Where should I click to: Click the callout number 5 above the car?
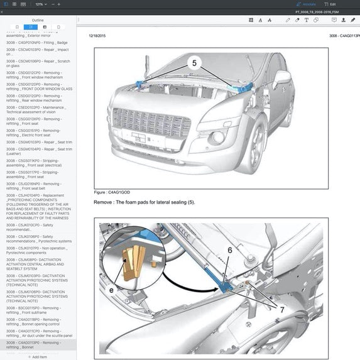click(x=194, y=63)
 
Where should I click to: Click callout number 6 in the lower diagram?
click(x=230, y=249)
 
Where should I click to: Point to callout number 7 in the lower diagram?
click(x=282, y=310)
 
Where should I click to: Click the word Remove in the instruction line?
click(x=105, y=202)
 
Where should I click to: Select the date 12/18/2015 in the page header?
click(x=97, y=36)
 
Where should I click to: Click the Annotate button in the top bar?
click(x=307, y=4)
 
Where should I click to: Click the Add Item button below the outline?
click(x=38, y=356)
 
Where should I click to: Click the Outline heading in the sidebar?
click(x=38, y=20)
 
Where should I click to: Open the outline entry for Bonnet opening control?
click(x=38, y=322)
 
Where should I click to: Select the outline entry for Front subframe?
click(x=38, y=310)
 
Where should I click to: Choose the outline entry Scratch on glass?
click(x=38, y=63)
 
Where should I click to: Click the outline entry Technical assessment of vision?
click(x=38, y=109)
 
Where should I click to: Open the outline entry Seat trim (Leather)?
click(x=38, y=151)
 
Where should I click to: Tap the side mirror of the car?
click(x=282, y=79)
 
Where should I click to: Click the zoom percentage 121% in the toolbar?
click(x=40, y=4)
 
